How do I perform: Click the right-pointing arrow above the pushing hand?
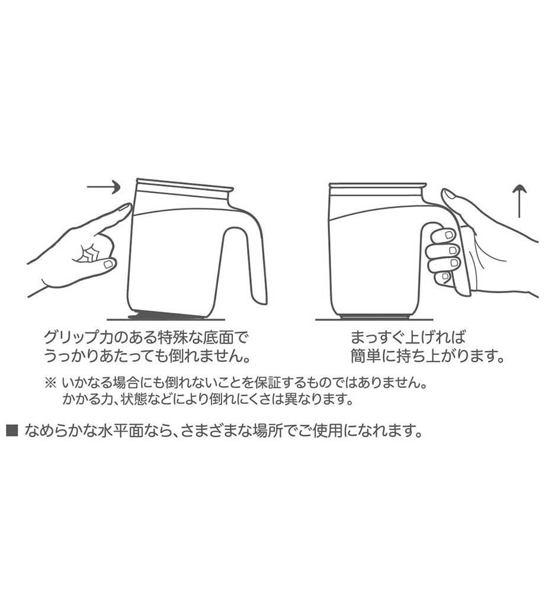click(103, 187)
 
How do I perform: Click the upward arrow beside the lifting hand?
click(520, 201)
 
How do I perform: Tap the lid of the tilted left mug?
click(184, 186)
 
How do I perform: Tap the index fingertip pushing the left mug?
click(127, 208)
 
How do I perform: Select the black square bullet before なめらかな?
click(12, 431)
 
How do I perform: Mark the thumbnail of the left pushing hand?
click(108, 264)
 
